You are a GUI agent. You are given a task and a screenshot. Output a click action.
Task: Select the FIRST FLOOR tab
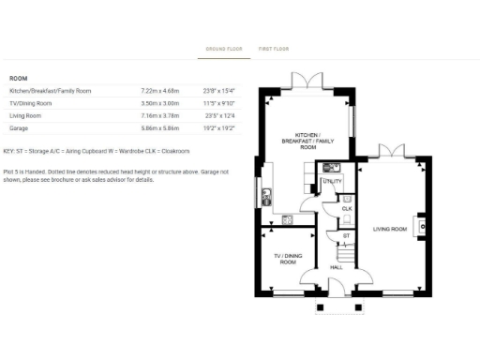(274, 49)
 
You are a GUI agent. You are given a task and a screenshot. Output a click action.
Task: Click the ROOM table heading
(18, 78)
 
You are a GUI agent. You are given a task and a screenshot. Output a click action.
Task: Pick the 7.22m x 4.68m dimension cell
(159, 91)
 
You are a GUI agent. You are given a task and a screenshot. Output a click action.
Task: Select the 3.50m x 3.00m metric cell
(159, 103)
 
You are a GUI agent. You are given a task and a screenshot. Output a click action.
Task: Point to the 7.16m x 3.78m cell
(159, 115)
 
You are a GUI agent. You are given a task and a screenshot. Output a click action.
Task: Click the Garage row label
(18, 127)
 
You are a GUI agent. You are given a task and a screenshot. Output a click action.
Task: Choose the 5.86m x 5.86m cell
(159, 127)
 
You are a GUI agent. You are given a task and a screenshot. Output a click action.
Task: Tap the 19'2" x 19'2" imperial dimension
(217, 127)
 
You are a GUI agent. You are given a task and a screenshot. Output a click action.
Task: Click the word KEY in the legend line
(9, 151)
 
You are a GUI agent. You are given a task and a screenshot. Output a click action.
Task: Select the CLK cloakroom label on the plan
(346, 207)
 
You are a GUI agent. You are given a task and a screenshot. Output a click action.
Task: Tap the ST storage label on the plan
(345, 235)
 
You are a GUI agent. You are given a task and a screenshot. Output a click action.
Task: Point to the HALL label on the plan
(337, 267)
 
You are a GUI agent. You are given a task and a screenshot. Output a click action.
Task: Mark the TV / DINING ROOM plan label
(286, 258)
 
